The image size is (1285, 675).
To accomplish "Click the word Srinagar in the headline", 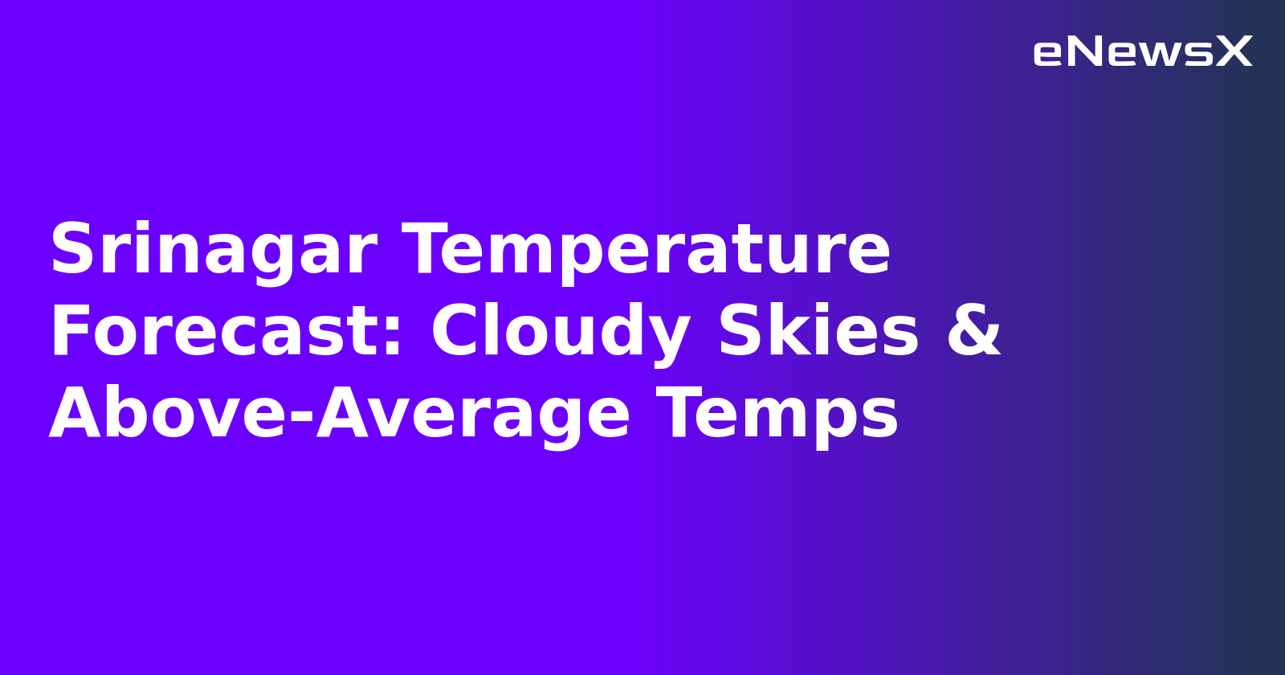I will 213,251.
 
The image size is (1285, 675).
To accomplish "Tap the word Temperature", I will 647,251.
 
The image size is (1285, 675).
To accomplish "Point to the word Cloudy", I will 561,333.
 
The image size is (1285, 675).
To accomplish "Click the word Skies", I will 818,333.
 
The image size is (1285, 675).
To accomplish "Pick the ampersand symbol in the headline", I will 974,333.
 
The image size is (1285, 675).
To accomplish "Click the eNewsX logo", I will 1142,52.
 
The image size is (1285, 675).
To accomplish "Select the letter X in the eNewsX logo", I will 1234,52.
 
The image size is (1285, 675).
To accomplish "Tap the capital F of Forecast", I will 68,333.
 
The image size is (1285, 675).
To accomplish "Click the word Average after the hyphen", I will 473,415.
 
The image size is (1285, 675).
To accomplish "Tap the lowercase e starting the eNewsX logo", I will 1047,54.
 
